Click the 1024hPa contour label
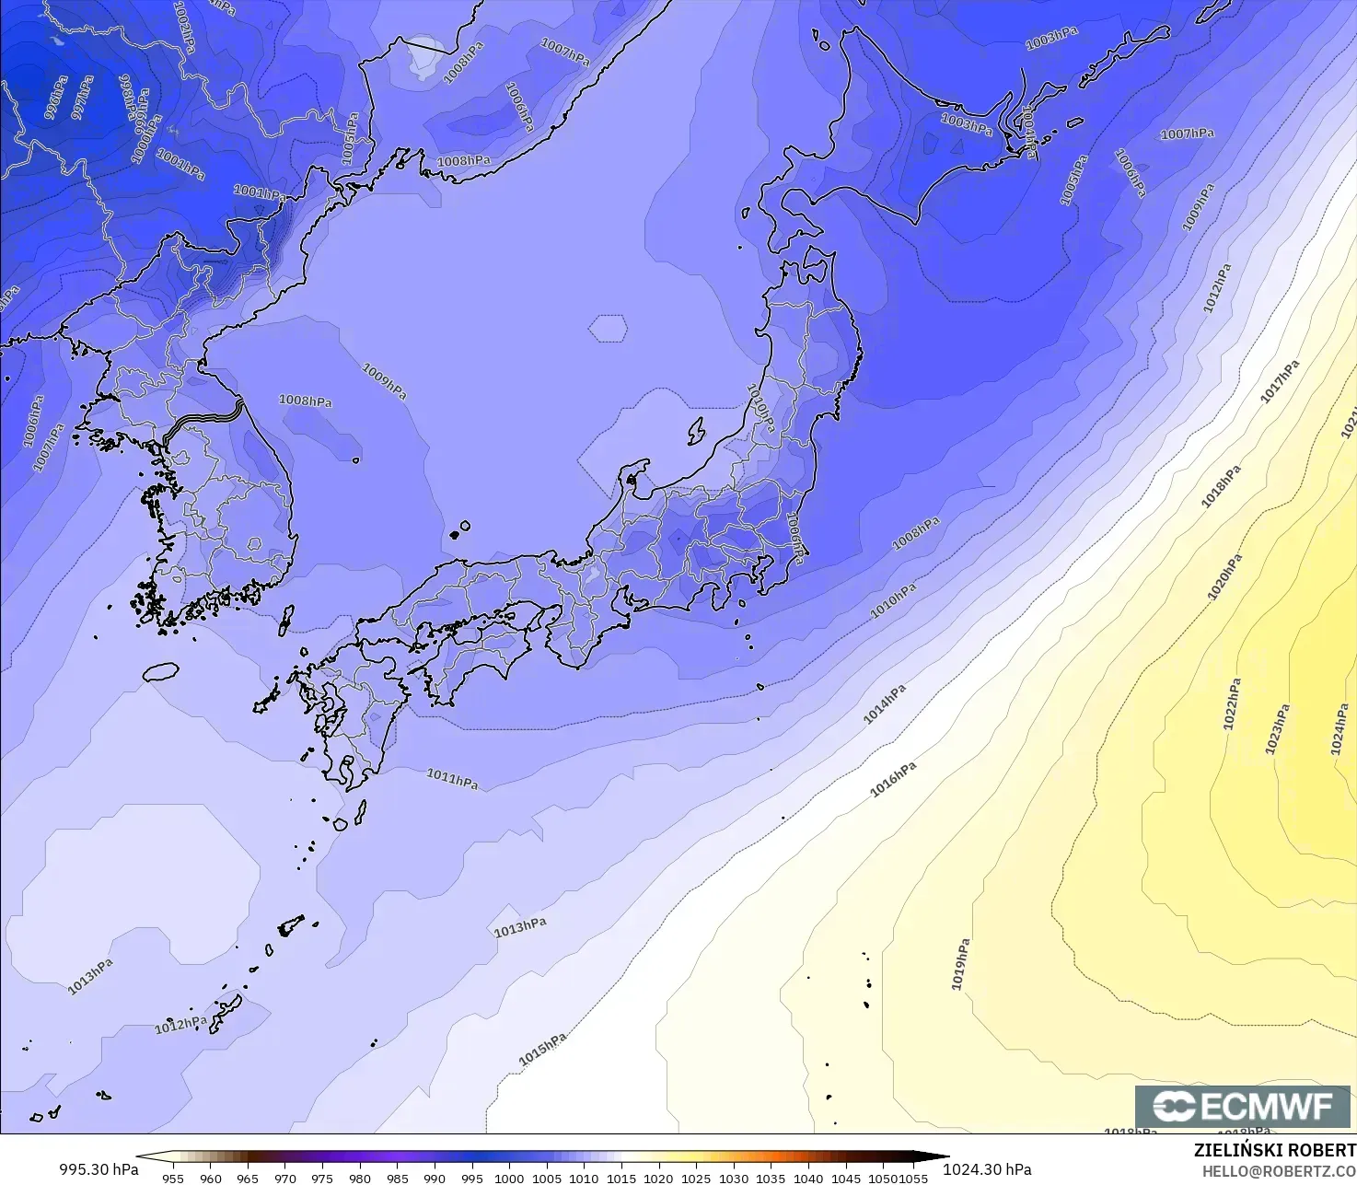[x=1339, y=729]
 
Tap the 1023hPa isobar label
[x=1276, y=729]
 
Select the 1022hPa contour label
[x=1232, y=704]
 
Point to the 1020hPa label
[x=1224, y=577]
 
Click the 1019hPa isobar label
[x=960, y=964]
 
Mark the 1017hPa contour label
[x=1280, y=381]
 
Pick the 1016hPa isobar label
[x=893, y=779]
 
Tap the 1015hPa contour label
[x=542, y=1050]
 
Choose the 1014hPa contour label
[x=885, y=704]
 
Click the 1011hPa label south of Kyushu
[x=452, y=779]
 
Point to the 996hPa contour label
[x=56, y=98]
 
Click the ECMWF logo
[x=1242, y=1106]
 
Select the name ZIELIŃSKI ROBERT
[x=1274, y=1150]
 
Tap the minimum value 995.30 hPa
[x=99, y=1169]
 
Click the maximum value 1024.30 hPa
[x=987, y=1169]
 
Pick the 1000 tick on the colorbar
[x=509, y=1178]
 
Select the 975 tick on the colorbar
[x=322, y=1178]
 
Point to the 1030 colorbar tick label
[x=734, y=1178]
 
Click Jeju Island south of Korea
[x=160, y=672]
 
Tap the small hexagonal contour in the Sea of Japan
[x=608, y=328]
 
